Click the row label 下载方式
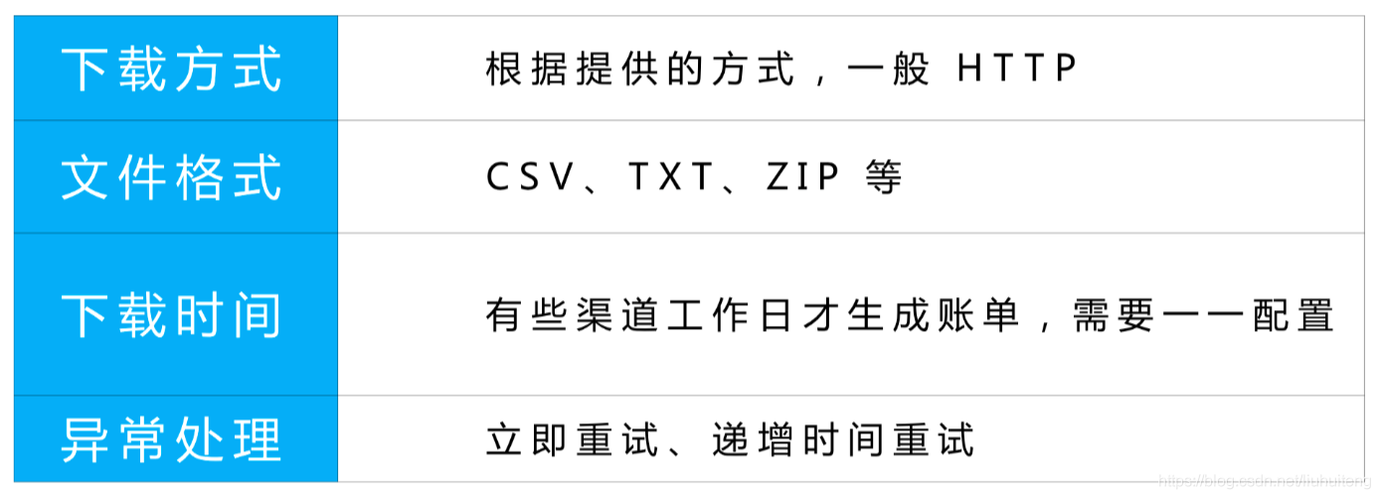click(171, 69)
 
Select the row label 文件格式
click(171, 178)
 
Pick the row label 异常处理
click(171, 439)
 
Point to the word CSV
click(531, 178)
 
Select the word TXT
click(672, 178)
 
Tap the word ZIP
click(803, 178)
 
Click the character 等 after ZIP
click(884, 178)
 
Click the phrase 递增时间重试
click(843, 439)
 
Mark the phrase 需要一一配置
click(1202, 315)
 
